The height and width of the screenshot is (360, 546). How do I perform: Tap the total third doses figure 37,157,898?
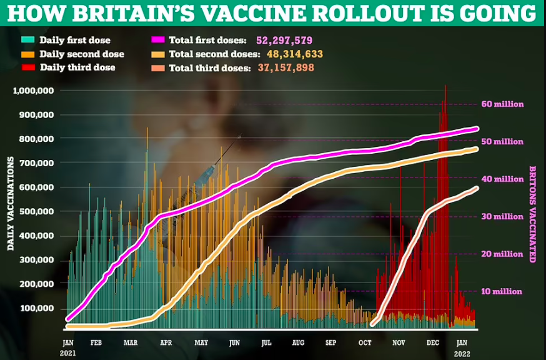(286, 67)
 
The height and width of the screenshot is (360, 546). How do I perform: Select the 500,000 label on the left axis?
(36, 211)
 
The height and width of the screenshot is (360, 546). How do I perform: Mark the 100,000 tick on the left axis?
(36, 308)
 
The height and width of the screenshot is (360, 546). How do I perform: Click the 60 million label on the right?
(502, 104)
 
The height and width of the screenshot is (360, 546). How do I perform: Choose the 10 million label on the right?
(502, 291)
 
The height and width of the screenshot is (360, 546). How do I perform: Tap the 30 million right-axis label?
(502, 216)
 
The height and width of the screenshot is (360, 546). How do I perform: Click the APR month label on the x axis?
(166, 342)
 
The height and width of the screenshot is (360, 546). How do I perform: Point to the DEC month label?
(432, 342)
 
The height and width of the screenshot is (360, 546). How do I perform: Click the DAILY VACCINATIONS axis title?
(11, 204)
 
